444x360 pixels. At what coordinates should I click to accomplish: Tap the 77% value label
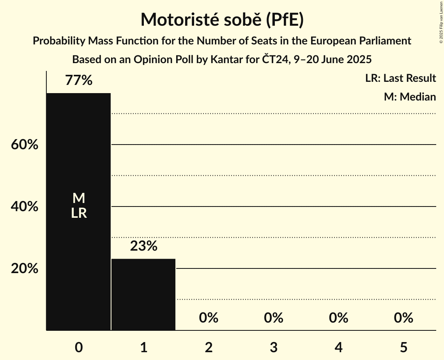[79, 81]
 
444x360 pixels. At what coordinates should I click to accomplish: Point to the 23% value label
[143, 246]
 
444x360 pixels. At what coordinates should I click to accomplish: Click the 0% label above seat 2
[209, 318]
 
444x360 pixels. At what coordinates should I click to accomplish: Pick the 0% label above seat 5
[403, 318]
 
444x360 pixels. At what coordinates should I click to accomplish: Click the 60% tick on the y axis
[25, 145]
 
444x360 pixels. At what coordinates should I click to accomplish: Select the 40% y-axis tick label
[25, 206]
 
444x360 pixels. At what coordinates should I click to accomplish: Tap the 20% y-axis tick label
[25, 268]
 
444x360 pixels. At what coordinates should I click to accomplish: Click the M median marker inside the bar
[79, 198]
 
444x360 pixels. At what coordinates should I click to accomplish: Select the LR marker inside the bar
[79, 213]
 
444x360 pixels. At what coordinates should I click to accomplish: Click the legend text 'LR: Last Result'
[400, 78]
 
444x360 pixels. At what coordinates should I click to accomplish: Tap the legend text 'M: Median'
[410, 97]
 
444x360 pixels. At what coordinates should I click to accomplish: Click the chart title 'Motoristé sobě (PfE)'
[222, 19]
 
